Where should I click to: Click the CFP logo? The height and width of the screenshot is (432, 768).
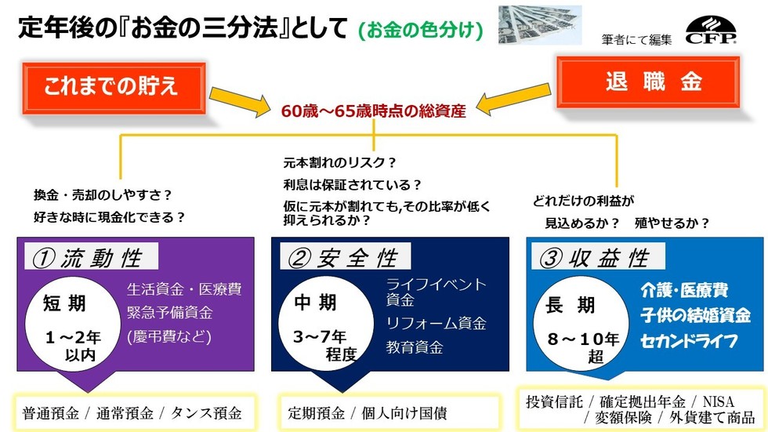pos(711,31)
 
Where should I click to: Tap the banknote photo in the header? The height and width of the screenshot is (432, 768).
pos(540,25)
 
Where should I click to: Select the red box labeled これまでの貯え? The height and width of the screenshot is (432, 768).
pos(114,88)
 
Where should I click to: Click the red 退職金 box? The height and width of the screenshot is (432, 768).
pos(648,82)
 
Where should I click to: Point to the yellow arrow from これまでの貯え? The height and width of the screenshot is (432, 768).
pos(240,101)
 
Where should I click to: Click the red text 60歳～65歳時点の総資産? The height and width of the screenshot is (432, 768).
pos(373,111)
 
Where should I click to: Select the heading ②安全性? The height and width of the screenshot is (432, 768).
pos(346,256)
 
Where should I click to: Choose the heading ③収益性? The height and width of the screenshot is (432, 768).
pos(598,256)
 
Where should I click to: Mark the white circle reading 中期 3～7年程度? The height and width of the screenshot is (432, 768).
pos(326,324)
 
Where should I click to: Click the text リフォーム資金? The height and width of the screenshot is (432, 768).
pos(436,323)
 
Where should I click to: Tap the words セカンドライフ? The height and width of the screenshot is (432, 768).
pos(689,341)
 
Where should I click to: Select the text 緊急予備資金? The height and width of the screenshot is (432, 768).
pos(169,313)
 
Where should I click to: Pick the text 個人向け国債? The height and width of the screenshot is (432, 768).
pos(404,413)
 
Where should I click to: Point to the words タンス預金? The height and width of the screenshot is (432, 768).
pos(205,413)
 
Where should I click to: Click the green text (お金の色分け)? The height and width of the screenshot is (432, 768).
pos(421,31)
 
